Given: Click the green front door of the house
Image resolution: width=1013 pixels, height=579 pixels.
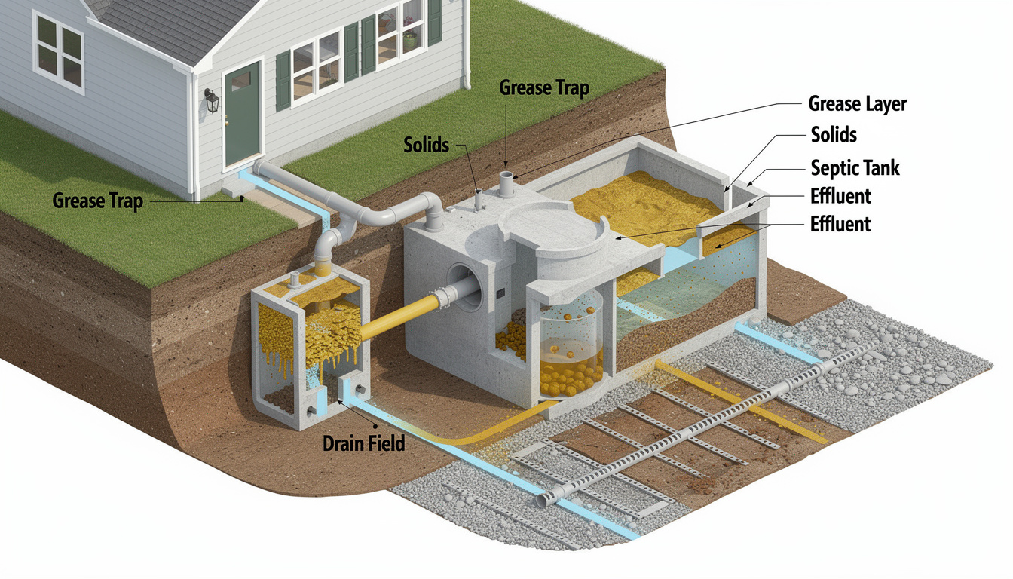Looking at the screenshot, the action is pos(243,114).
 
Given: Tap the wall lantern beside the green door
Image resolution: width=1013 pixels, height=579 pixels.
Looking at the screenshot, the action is pos(211,100).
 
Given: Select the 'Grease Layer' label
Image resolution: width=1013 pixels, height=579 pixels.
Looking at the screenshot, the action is pos(857,104).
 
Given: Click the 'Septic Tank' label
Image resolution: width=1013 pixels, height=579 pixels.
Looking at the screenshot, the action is pos(855,168).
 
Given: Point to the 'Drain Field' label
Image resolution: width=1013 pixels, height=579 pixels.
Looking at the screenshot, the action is pos(363,443).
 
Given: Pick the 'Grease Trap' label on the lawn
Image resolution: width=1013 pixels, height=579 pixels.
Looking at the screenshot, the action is pos(98,201).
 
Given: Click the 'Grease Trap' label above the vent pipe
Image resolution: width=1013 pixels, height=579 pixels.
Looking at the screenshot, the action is pos(544,88).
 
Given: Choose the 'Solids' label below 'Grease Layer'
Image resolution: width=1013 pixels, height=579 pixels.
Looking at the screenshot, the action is pos(834,135).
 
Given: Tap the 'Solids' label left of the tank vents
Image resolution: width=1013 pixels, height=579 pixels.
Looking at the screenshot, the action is pos(426,145).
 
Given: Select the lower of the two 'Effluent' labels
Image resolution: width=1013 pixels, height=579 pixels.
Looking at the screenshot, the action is pos(840,225).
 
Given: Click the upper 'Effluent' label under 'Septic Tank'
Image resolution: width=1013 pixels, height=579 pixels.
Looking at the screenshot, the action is pos(840,196).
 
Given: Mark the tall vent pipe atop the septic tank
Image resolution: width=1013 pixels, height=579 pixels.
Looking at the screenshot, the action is pos(506,184).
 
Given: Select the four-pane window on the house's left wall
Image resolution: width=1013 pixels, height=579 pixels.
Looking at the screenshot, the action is pos(59,51).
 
